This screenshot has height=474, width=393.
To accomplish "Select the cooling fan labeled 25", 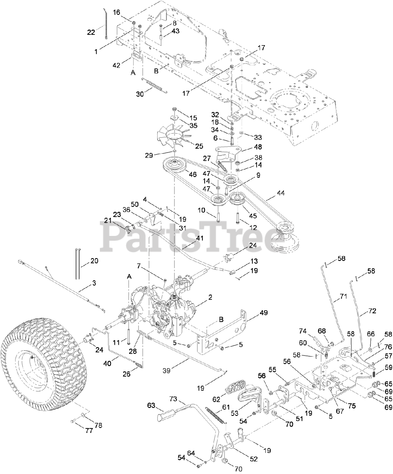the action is click(178, 137).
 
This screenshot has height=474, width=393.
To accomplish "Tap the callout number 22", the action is click(91, 32).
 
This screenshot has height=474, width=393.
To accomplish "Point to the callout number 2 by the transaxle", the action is click(210, 297).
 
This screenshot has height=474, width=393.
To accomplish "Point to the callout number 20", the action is click(94, 261).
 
